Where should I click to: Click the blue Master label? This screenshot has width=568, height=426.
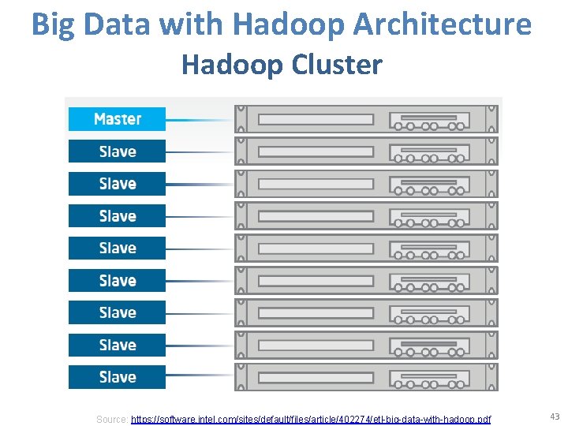coord(117,119)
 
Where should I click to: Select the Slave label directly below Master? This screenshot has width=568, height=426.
coord(117,151)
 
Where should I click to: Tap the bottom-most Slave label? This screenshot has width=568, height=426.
coord(117,377)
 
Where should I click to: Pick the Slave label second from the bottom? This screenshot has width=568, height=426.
coord(117,345)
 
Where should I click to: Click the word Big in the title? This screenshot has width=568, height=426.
coord(54,25)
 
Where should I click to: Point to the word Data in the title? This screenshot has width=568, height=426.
coord(116,25)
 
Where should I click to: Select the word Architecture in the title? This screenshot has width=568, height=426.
coord(443,25)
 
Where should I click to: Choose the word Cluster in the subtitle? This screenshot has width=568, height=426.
coord(337,64)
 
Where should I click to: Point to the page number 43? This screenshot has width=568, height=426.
coord(554,417)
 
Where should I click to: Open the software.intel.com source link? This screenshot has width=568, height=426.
coord(310,419)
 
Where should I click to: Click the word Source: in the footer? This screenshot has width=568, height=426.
coord(111,419)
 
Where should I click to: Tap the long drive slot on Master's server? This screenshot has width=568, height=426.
coord(316,120)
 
